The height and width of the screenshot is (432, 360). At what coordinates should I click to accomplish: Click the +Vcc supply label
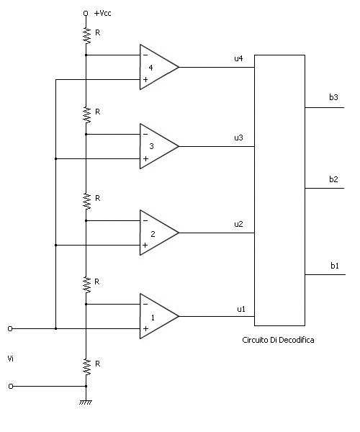coord(102,13)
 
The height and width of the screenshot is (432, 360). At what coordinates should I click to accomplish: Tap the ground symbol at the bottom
coord(86,402)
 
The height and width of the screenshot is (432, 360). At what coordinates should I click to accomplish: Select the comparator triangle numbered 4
coord(159,67)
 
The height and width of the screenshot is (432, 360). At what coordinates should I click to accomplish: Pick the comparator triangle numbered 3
coord(159,146)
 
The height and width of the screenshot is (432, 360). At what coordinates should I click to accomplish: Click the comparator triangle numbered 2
coord(159,233)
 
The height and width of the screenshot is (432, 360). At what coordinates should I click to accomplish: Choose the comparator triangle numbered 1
coord(159,316)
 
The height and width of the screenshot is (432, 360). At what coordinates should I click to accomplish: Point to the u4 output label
coord(238,58)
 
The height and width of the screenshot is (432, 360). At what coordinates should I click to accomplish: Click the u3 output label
coord(238,138)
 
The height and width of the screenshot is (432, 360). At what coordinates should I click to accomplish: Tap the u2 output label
coord(238,224)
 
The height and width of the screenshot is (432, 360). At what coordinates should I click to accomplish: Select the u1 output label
coord(241,309)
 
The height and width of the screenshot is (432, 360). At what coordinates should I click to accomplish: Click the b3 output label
coord(333,97)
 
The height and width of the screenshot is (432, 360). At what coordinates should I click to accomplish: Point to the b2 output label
coord(333,179)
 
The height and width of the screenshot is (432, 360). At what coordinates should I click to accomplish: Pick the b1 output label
coord(335,266)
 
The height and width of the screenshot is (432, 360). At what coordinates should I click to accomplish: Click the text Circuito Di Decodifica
coord(278,340)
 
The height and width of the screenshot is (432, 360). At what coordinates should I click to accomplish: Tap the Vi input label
coord(11,359)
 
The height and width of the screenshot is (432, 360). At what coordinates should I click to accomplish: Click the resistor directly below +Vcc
coord(86,35)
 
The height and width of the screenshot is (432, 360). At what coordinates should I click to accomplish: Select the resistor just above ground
coord(86,366)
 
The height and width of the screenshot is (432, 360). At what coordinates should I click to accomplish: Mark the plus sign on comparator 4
coord(145,80)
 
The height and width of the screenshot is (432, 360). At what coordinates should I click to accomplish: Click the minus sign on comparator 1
coord(145,304)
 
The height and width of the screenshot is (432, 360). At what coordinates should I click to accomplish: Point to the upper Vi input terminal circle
coord(10,329)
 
